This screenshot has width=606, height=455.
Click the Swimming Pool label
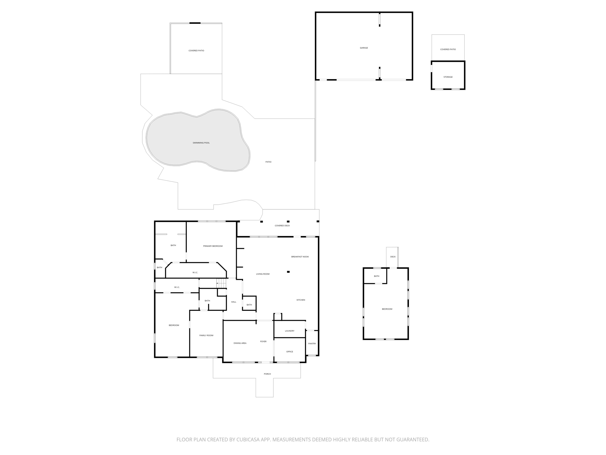click(201, 143)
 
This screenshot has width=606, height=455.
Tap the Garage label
click(364, 48)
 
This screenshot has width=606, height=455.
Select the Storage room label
click(448, 77)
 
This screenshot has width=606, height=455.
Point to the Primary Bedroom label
click(213, 246)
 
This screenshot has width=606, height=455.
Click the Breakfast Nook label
click(300, 257)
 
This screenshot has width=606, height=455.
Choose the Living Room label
click(263, 274)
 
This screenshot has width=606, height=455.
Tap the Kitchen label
click(301, 300)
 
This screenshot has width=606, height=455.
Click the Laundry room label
click(289, 331)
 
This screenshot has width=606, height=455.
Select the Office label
click(289, 352)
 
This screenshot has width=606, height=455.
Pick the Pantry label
click(312, 344)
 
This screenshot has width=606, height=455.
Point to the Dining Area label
click(240, 343)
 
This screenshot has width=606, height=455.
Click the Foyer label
click(263, 342)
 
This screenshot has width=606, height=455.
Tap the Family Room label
click(206, 335)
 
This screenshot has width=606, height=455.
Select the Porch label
click(267, 374)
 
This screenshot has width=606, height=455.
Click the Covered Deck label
click(282, 226)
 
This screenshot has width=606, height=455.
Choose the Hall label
click(233, 302)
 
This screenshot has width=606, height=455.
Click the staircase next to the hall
click(222, 283)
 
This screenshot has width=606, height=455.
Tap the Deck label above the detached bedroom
click(393, 257)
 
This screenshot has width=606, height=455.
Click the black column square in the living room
click(288, 272)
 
